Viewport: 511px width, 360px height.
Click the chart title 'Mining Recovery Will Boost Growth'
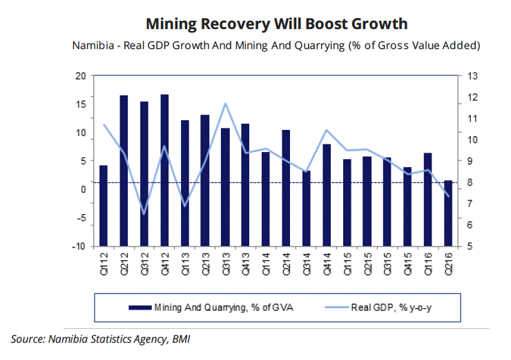276,24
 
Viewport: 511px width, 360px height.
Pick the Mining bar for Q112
104,205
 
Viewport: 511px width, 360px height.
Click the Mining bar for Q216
448,213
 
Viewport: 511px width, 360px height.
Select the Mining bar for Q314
306,208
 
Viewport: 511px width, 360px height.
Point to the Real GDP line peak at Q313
225,104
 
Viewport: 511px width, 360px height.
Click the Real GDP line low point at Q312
144,214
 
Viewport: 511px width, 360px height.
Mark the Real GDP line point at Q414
327,130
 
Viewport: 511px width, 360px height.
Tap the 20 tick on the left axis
81,75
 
